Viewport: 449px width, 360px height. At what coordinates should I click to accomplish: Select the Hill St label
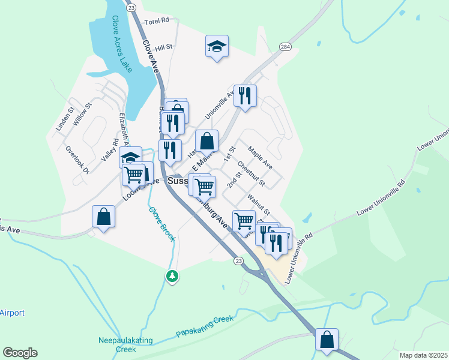tap(163, 47)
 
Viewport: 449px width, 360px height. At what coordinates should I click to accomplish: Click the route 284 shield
tap(285, 47)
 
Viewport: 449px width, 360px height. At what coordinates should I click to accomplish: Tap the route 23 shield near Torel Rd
tap(132, 7)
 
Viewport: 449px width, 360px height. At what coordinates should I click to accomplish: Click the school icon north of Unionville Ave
tap(217, 46)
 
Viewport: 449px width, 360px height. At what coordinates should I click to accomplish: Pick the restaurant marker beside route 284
tap(245, 95)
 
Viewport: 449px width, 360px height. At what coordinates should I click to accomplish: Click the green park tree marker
tap(172, 276)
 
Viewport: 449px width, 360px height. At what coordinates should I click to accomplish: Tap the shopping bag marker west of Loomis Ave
tap(104, 217)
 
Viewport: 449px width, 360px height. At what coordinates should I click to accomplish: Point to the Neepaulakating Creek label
tap(125, 344)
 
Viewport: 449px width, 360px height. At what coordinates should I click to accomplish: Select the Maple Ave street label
tap(260, 158)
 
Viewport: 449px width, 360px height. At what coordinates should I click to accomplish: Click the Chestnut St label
tap(251, 172)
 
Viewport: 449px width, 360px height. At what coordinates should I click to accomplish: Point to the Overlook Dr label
tap(77, 160)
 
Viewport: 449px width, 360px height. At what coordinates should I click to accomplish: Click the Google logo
tap(20, 353)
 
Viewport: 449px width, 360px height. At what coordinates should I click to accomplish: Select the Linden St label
tap(64, 119)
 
